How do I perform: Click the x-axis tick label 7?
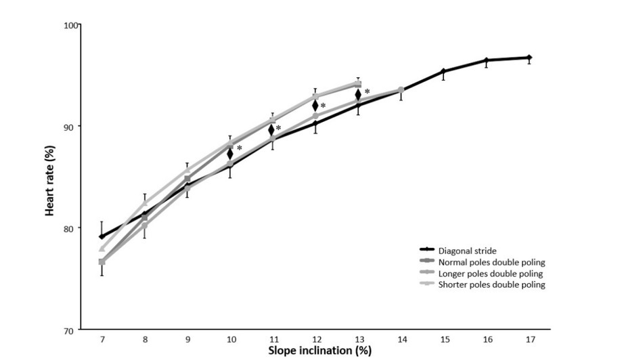click(102, 339)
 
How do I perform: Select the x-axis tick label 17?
click(529, 339)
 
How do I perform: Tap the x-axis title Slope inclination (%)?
click(319, 352)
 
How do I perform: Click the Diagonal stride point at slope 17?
click(529, 58)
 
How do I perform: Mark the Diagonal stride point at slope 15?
click(443, 71)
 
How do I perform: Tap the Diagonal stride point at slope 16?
click(486, 60)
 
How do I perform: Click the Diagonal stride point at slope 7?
click(102, 236)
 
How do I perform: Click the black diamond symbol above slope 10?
click(230, 154)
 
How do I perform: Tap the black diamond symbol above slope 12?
click(315, 105)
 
